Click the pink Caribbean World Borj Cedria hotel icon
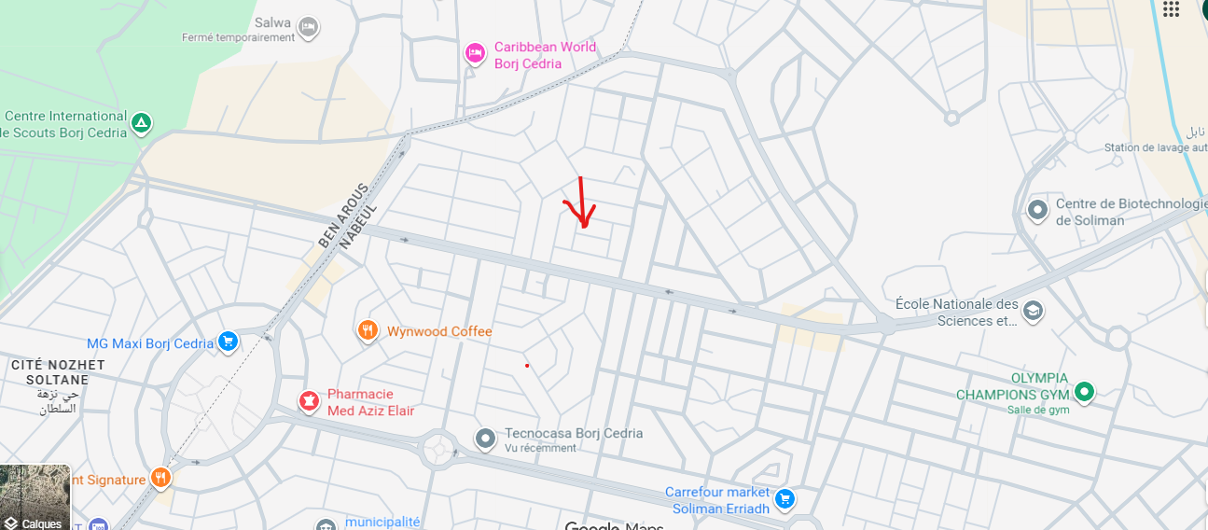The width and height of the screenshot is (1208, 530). tap(475, 54)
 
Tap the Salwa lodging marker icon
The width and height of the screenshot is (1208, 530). tap(309, 28)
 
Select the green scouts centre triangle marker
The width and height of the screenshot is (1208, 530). tap(141, 122)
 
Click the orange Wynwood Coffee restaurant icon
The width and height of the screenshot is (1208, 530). tap(368, 330)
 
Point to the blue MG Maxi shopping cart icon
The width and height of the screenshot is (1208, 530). tap(228, 342)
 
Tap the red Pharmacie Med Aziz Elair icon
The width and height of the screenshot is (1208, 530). tap(308, 402)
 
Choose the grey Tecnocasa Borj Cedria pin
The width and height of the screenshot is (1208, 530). tap(485, 438)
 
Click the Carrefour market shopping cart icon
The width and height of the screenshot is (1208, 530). tap(785, 499)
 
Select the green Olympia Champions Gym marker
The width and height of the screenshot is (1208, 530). tap(1084, 393)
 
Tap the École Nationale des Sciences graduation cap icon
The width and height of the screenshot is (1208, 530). tap(1033, 311)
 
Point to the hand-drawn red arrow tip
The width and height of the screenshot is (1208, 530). tap(584, 226)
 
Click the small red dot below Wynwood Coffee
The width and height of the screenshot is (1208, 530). tap(527, 365)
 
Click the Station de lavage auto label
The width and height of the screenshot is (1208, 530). tap(1155, 147)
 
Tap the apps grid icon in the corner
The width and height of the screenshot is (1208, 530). tap(1172, 8)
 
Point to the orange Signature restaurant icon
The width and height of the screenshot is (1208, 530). tap(160, 479)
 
